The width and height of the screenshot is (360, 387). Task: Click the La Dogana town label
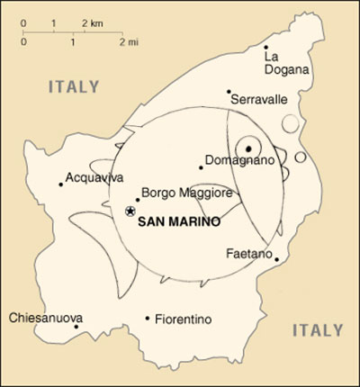285,62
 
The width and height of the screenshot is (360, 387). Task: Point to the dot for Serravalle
229,91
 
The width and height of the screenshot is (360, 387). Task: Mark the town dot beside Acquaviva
61,184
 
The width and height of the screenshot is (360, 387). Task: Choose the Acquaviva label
94,177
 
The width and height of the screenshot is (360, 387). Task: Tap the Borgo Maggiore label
188,193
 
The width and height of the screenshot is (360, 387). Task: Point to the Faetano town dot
276,261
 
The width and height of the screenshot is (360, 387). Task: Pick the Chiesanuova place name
45,318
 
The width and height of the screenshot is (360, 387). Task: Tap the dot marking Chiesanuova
76,326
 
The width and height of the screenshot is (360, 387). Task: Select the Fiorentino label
183,319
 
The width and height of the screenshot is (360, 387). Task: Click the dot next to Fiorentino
148,317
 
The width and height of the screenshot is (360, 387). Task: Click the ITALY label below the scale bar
73,87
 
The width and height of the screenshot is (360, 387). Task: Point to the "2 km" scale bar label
93,21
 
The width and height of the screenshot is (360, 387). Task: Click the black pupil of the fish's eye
249,148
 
